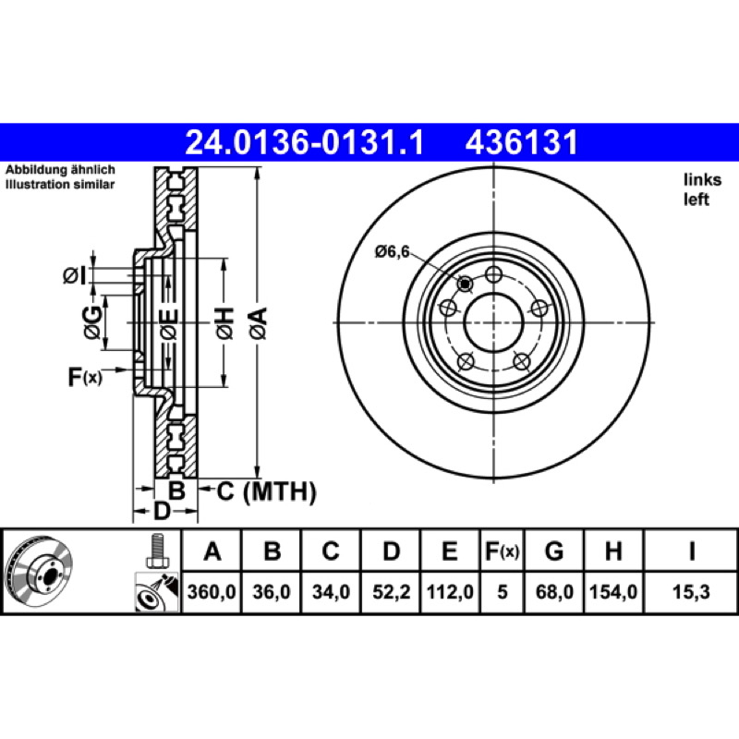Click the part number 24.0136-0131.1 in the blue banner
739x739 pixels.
coord(305,142)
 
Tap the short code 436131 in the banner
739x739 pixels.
coord(522,142)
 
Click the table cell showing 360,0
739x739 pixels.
coord(212,591)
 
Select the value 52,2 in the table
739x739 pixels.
coord(391,591)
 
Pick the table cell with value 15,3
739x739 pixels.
coord(691,591)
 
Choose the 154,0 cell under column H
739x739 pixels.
coord(613,591)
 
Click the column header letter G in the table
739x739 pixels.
coord(554,551)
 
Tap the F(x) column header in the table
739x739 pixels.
coord(502,551)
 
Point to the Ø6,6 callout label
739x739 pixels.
coord(392,251)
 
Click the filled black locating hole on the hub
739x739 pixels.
coord(466,284)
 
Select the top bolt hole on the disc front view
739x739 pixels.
coord(493,273)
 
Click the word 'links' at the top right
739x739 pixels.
coord(702,179)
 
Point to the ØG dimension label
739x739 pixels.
coord(92,322)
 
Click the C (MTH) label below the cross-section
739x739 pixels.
coord(266,492)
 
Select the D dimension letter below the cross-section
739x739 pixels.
coord(162,511)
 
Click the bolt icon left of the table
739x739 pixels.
coord(156,551)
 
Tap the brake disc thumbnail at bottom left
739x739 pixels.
coord(40,573)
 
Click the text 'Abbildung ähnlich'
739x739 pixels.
coord(60,170)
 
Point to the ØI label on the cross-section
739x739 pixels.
coord(75,275)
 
